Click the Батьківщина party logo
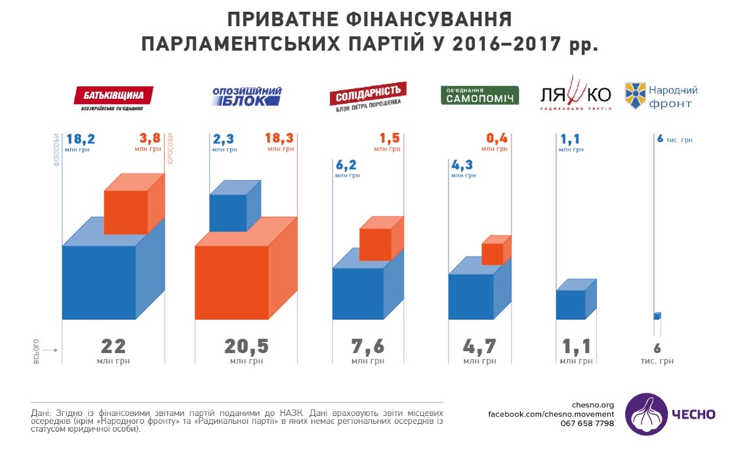coord(113,98)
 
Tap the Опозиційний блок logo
coord(247,96)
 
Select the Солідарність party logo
coord(368,97)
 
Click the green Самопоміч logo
coord(479,96)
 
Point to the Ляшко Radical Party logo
coord(576,94)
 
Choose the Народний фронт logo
coord(661,96)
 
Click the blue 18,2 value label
coord(80,139)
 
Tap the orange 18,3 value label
coord(280,138)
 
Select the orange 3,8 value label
coord(150,138)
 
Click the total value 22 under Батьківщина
coord(113,347)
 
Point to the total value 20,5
coord(246,347)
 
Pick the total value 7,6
coord(368,347)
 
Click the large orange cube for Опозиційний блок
coord(246,274)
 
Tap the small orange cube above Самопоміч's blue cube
coord(497,250)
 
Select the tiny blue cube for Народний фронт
coord(657,316)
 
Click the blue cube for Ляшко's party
coord(576,299)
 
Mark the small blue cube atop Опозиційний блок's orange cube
coord(235,206)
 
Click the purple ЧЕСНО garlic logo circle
coord(646,414)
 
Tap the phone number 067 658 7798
coord(587,423)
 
